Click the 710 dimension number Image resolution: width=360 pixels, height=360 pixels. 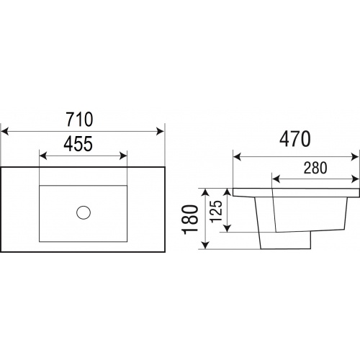coord(79,120)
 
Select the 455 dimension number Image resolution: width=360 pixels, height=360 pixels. coord(78,144)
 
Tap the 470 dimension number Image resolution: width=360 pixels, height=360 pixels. coord(295,139)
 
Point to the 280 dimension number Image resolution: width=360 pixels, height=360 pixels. coord(315,168)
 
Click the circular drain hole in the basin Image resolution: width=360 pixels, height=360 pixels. coord(84,212)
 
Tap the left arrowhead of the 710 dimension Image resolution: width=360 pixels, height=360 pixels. coord(5,132)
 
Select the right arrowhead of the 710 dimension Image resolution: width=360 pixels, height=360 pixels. coord(160,132)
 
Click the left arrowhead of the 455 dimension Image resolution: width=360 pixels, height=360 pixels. coord(43,156)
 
